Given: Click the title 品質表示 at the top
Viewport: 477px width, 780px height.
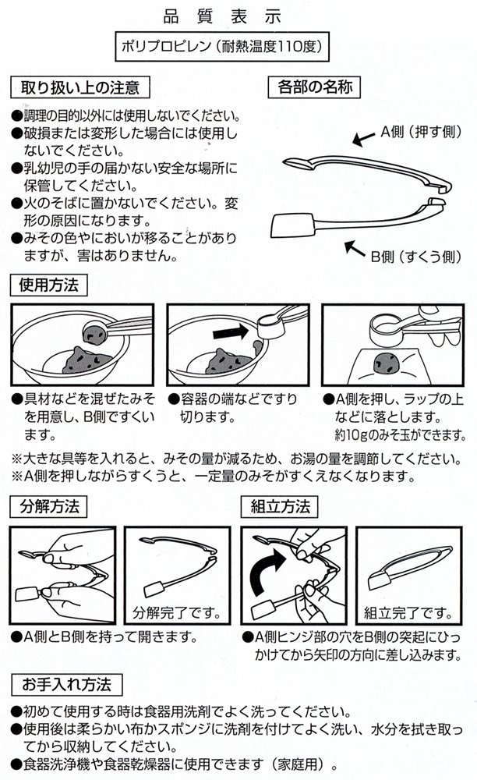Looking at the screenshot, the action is click(x=238, y=15).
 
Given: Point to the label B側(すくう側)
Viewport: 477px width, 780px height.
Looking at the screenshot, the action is click(x=414, y=254).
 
